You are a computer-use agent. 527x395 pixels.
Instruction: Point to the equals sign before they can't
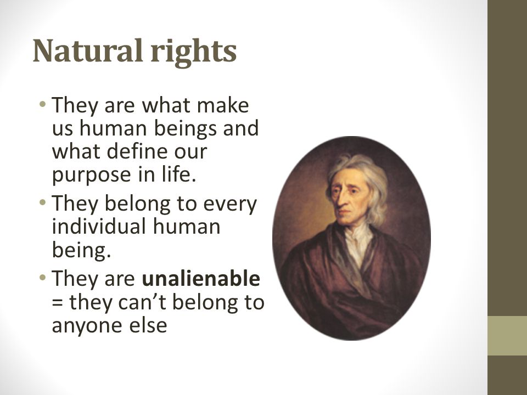57,303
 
